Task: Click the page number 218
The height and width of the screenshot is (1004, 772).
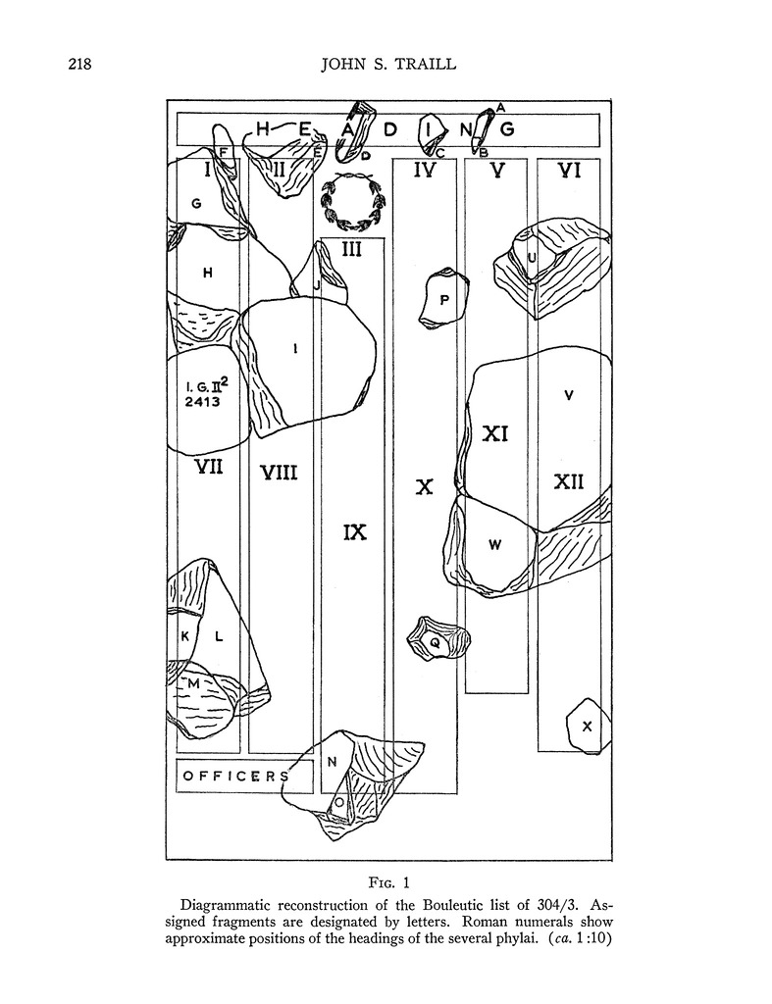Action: (79, 66)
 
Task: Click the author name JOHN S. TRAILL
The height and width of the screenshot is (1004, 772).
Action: (388, 66)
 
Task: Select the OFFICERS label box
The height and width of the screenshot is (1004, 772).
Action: (243, 776)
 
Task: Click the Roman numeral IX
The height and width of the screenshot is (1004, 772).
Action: (355, 532)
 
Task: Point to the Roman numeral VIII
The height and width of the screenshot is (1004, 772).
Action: (279, 474)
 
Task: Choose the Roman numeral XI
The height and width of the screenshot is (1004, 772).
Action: (494, 432)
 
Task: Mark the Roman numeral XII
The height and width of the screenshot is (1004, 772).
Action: (569, 481)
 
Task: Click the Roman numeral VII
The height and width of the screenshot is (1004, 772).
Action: (208, 467)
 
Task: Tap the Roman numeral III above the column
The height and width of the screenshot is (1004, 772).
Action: (351, 249)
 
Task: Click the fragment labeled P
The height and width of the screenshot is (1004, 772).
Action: (443, 298)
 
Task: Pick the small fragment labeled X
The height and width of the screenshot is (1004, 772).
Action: (587, 727)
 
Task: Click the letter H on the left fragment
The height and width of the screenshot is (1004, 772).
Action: (207, 274)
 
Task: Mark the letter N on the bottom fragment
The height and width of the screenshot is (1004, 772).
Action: (332, 760)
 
